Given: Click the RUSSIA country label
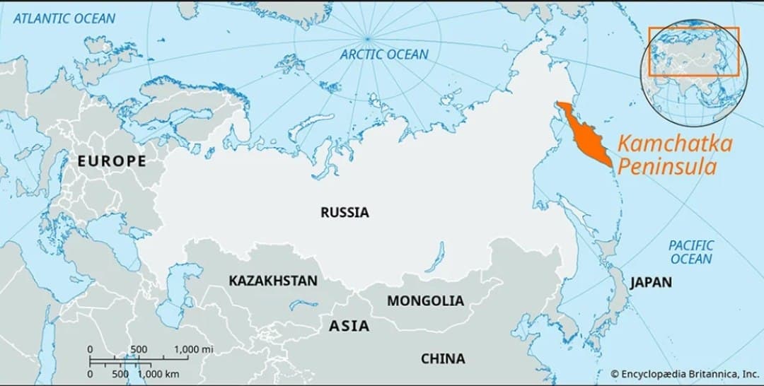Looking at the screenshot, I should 345,212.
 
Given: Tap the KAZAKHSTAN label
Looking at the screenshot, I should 272,281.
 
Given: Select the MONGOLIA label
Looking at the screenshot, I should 425,300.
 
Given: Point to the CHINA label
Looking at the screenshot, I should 443,358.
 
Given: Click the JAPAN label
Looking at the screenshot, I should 651,283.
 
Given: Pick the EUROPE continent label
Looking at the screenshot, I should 112,161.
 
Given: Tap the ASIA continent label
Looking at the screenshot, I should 349,326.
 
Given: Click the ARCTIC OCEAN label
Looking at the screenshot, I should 384,54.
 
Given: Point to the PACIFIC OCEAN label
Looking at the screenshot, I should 691,252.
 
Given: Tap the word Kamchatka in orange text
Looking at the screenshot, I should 675,144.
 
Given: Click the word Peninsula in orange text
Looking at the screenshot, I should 667,168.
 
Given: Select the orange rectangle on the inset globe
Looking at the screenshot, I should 694,52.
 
